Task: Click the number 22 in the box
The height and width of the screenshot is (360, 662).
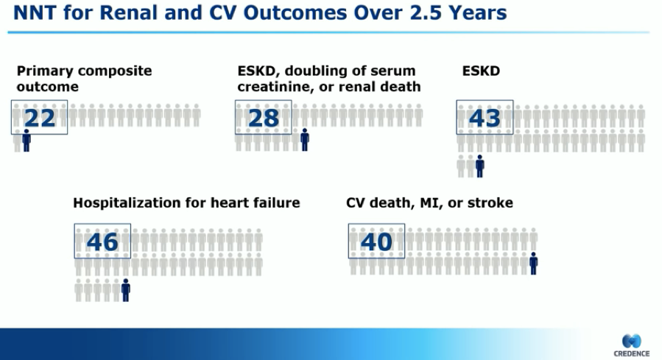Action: click(x=40, y=119)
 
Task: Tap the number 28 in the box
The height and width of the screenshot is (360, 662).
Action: click(x=264, y=119)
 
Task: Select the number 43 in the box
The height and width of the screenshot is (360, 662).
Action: click(x=485, y=119)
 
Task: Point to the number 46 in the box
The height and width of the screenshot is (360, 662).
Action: click(x=102, y=241)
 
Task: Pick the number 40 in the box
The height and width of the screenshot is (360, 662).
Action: click(x=376, y=241)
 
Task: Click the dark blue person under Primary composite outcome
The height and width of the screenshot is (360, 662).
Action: click(x=27, y=140)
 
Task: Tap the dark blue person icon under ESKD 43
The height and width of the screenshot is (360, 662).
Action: click(x=479, y=166)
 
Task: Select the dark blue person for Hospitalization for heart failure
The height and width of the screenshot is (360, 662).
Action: click(x=126, y=290)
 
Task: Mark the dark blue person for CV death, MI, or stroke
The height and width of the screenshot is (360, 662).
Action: click(x=534, y=264)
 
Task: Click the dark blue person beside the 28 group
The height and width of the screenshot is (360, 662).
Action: click(x=305, y=140)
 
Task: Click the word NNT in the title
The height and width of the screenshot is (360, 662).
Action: click(x=35, y=13)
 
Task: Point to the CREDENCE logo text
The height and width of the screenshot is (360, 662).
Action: click(x=632, y=353)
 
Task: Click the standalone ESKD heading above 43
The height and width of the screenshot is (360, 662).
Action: click(x=481, y=71)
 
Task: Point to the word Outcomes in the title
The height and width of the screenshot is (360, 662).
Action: click(x=295, y=13)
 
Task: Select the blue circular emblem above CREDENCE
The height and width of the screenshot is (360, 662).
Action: click(x=632, y=341)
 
